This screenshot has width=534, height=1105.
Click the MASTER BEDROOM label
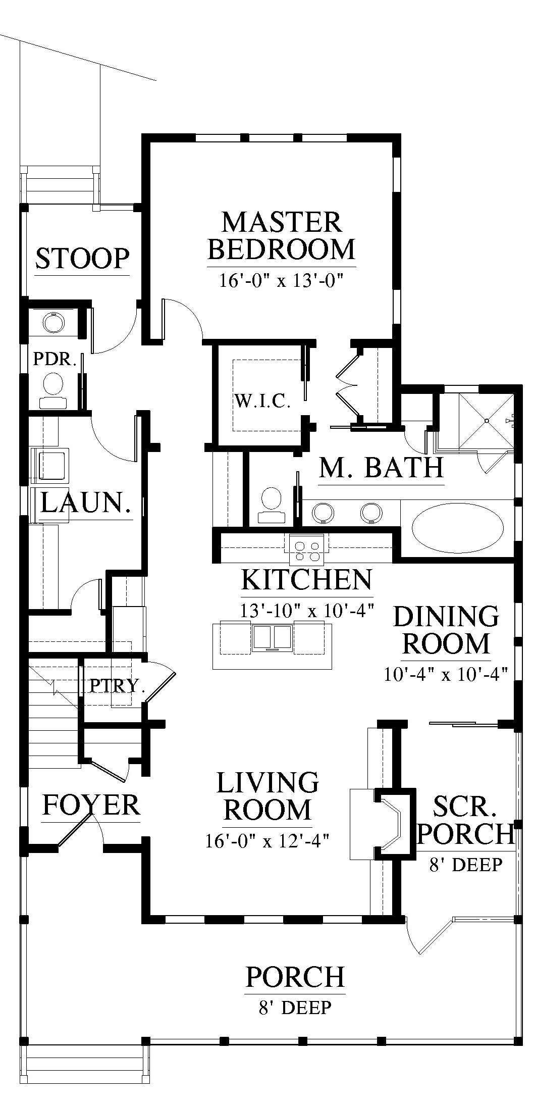click(x=282, y=236)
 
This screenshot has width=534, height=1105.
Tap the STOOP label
click(x=82, y=258)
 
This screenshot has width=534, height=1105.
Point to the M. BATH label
click(x=382, y=468)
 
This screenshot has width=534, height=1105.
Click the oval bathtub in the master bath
click(x=458, y=529)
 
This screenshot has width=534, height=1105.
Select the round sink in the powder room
click(x=52, y=322)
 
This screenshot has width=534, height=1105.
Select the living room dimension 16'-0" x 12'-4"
click(x=268, y=841)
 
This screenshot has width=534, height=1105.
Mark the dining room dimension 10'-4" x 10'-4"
click(x=446, y=675)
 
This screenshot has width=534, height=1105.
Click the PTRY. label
click(x=117, y=685)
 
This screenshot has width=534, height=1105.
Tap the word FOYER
click(x=91, y=805)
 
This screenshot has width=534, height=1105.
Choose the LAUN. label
click(x=85, y=503)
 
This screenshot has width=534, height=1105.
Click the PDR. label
click(x=55, y=359)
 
